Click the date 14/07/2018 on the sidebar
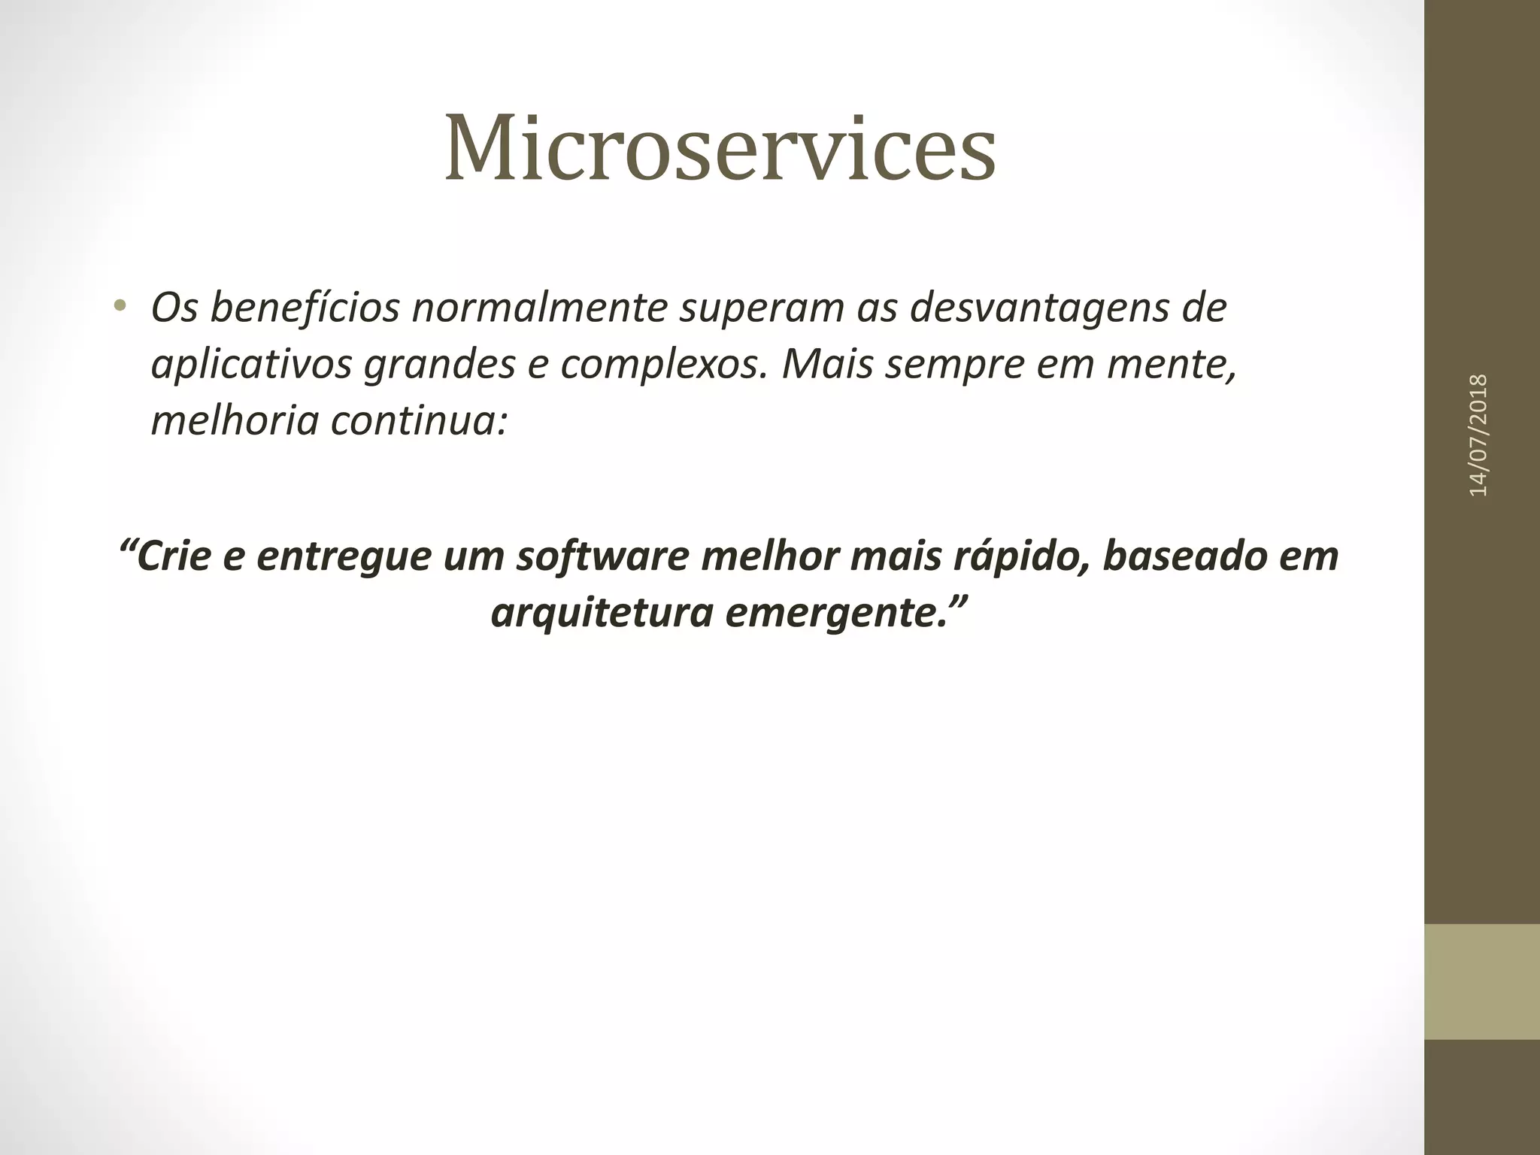click(1478, 435)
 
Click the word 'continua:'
click(419, 421)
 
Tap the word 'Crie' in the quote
click(172, 556)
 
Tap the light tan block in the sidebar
click(1481, 981)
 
